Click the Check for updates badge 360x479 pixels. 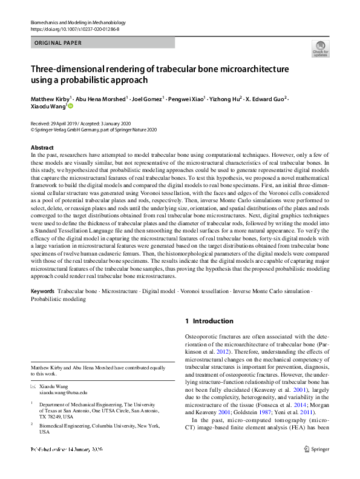point(320,49)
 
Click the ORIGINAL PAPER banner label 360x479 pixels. point(59,43)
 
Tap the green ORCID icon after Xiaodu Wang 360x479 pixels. point(70,106)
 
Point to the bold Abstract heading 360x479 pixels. point(42,148)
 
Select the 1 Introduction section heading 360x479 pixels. point(208,321)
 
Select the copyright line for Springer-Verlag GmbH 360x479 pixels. point(94,130)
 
